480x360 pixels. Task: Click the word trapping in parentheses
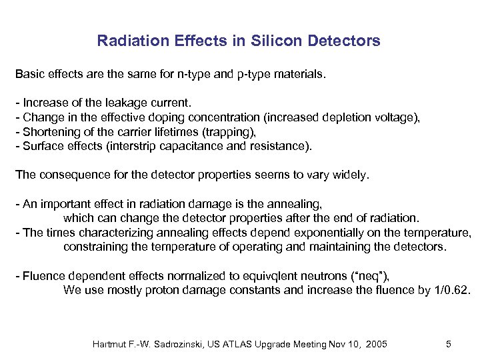(x=229, y=131)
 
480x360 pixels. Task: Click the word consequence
(x=70, y=175)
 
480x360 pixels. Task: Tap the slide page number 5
(x=449, y=344)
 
